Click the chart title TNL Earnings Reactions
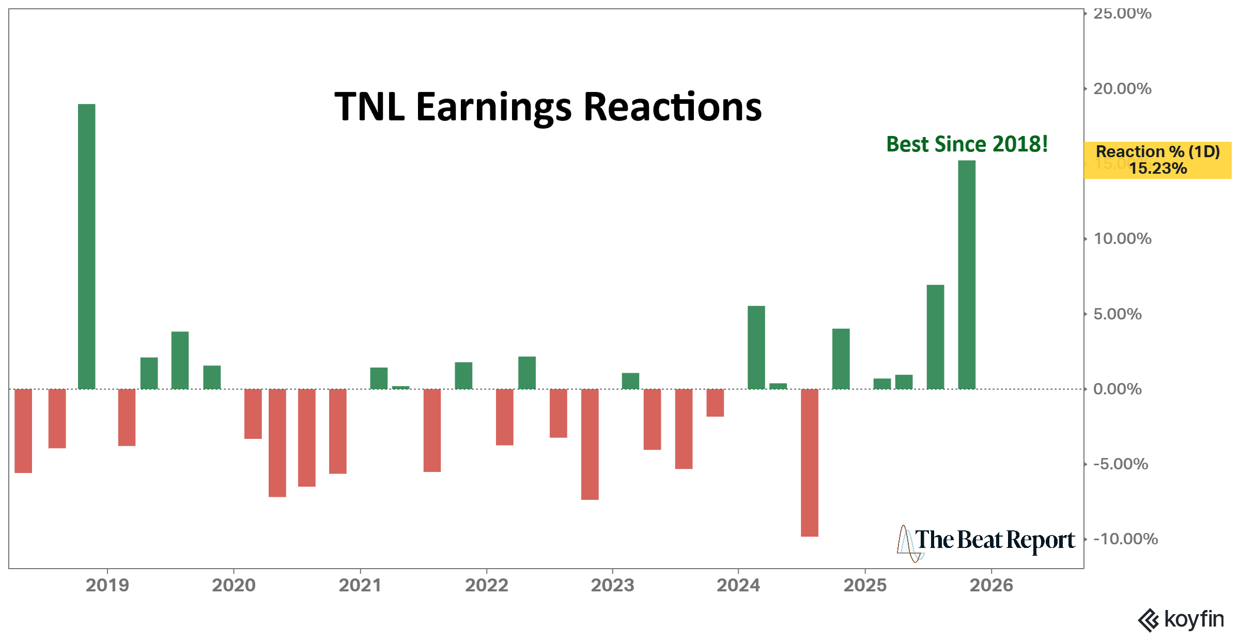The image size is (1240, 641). [548, 106]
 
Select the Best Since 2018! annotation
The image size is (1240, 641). [967, 144]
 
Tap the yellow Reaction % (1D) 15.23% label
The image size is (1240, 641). [1157, 160]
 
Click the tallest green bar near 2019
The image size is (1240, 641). [87, 246]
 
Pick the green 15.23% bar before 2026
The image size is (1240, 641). [966, 274]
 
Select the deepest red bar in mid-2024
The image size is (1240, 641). [809, 462]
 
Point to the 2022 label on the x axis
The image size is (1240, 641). [486, 585]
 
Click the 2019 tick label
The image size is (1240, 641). [107, 585]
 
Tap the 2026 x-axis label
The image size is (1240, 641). [991, 585]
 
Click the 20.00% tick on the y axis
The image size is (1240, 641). [1122, 89]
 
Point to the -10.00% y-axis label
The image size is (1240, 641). [1125, 539]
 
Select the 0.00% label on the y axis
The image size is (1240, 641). [1117, 389]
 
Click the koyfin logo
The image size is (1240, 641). [1181, 619]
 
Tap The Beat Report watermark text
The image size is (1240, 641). [995, 540]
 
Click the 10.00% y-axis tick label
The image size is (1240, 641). [1122, 239]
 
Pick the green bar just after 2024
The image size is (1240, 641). [756, 347]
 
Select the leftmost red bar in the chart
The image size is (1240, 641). [23, 431]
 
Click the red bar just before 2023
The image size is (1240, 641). [590, 444]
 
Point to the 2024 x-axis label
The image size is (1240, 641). [738, 585]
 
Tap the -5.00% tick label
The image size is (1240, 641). [1120, 464]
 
